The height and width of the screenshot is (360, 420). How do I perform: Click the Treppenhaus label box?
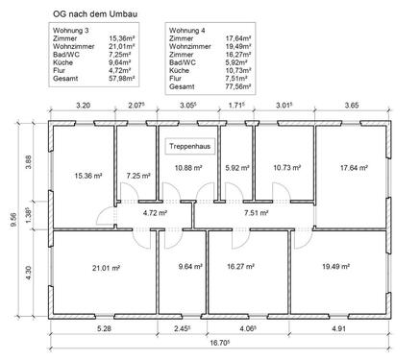pos(190,146)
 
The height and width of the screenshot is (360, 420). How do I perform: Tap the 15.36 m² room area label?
pos(88,176)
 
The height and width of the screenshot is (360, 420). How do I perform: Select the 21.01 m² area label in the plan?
pos(106,268)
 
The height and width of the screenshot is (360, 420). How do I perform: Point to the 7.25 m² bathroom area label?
pos(138,176)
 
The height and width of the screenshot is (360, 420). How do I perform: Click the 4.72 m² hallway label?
pos(155,212)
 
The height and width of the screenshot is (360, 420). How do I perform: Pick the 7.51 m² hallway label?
pos(257,212)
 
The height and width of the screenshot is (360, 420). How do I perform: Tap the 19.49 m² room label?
pos(335,266)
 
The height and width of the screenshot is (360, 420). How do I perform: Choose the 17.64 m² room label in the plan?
pos(354,167)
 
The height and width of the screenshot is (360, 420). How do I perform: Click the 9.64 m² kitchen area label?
pos(190,266)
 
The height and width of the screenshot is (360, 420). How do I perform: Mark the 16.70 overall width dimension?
pos(220,343)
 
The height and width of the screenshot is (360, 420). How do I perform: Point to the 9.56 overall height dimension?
pos(13,221)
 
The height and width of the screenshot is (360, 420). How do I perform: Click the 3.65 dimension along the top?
pos(352,105)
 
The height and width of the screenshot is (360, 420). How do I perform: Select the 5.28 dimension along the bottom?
pos(105,328)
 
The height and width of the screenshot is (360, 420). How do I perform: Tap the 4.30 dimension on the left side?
pos(28,273)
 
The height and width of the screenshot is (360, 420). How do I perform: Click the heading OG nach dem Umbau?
pos(95,14)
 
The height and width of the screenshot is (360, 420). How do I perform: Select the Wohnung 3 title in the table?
pos(71,31)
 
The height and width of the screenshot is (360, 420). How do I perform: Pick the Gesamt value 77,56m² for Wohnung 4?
pos(238,86)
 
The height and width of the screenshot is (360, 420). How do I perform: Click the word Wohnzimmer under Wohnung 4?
pos(190,46)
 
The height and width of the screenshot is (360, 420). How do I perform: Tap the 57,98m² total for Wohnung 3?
pos(122,79)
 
